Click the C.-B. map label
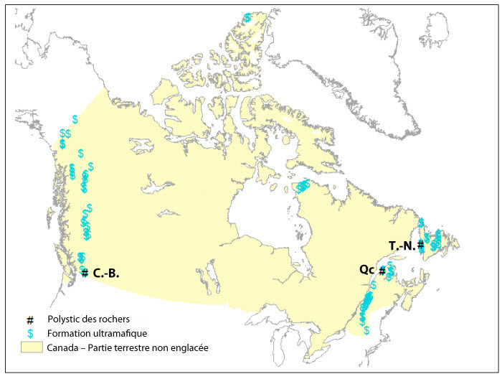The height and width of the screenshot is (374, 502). (x=105, y=273)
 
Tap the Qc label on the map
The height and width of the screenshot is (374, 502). (x=366, y=270)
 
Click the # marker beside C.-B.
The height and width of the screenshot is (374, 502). (x=85, y=273)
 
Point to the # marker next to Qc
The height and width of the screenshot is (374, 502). (x=382, y=271)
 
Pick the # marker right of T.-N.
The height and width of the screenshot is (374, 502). (x=420, y=245)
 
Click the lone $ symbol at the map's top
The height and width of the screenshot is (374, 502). (x=247, y=17)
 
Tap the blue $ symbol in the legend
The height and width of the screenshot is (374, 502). (x=30, y=333)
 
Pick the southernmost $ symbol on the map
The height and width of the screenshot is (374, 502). (x=366, y=330)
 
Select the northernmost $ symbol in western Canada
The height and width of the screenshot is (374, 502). (x=75, y=119)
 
